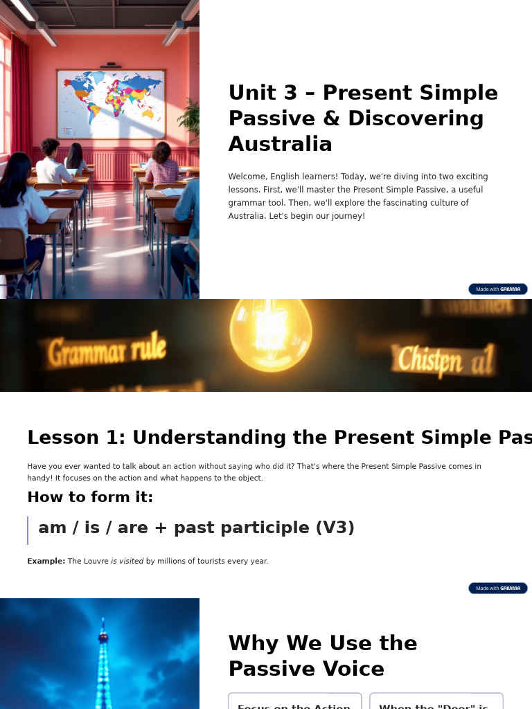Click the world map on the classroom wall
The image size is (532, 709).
[x=111, y=104]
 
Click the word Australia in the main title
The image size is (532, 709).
[x=280, y=144]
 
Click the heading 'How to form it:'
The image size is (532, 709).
[x=90, y=497]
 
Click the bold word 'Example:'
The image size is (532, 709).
[x=46, y=561]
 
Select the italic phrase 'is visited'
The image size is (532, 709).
[x=127, y=561]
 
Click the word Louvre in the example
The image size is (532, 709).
[x=96, y=561]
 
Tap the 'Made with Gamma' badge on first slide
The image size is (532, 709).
[x=497, y=289]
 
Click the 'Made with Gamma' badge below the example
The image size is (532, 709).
[x=497, y=588]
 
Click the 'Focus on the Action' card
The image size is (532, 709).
[x=294, y=703]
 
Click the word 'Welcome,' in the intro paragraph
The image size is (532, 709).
[x=247, y=177]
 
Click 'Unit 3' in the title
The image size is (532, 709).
[x=263, y=93]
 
